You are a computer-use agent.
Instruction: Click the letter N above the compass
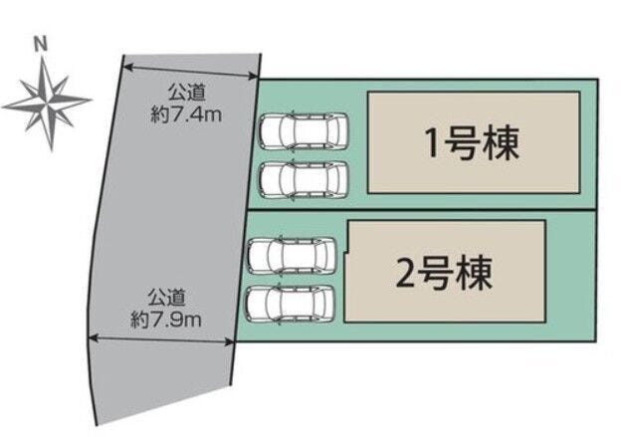pos(40,44)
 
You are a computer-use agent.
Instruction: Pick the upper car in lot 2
pos(294,256)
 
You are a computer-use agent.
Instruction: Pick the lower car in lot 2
pos(294,303)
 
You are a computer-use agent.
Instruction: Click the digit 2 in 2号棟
pos(404,271)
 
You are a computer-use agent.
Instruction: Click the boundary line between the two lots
pos(428,209)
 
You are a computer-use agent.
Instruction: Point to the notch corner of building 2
pos(347,256)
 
